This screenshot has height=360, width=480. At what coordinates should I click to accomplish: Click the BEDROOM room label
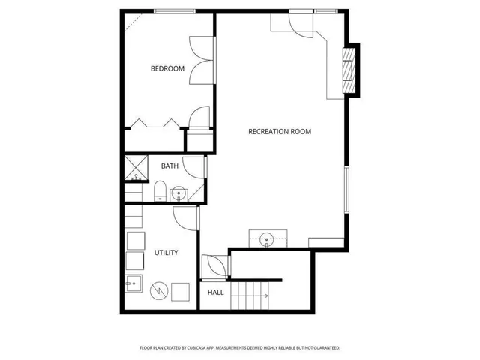coord(167,69)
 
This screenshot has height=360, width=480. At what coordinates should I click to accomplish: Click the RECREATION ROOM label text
coord(280,132)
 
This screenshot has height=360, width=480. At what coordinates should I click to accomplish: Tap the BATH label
coord(169,166)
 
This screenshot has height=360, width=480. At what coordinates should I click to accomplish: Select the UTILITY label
coord(166,253)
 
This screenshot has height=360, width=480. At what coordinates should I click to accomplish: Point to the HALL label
coord(215,292)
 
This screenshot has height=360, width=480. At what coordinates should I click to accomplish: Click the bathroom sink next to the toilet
coord(178,194)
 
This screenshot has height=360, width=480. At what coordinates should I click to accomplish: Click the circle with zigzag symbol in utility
coord(158,289)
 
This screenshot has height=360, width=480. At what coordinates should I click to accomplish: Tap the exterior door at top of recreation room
coord(298,24)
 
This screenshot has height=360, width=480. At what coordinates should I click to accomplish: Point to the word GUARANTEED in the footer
coord(324,348)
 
